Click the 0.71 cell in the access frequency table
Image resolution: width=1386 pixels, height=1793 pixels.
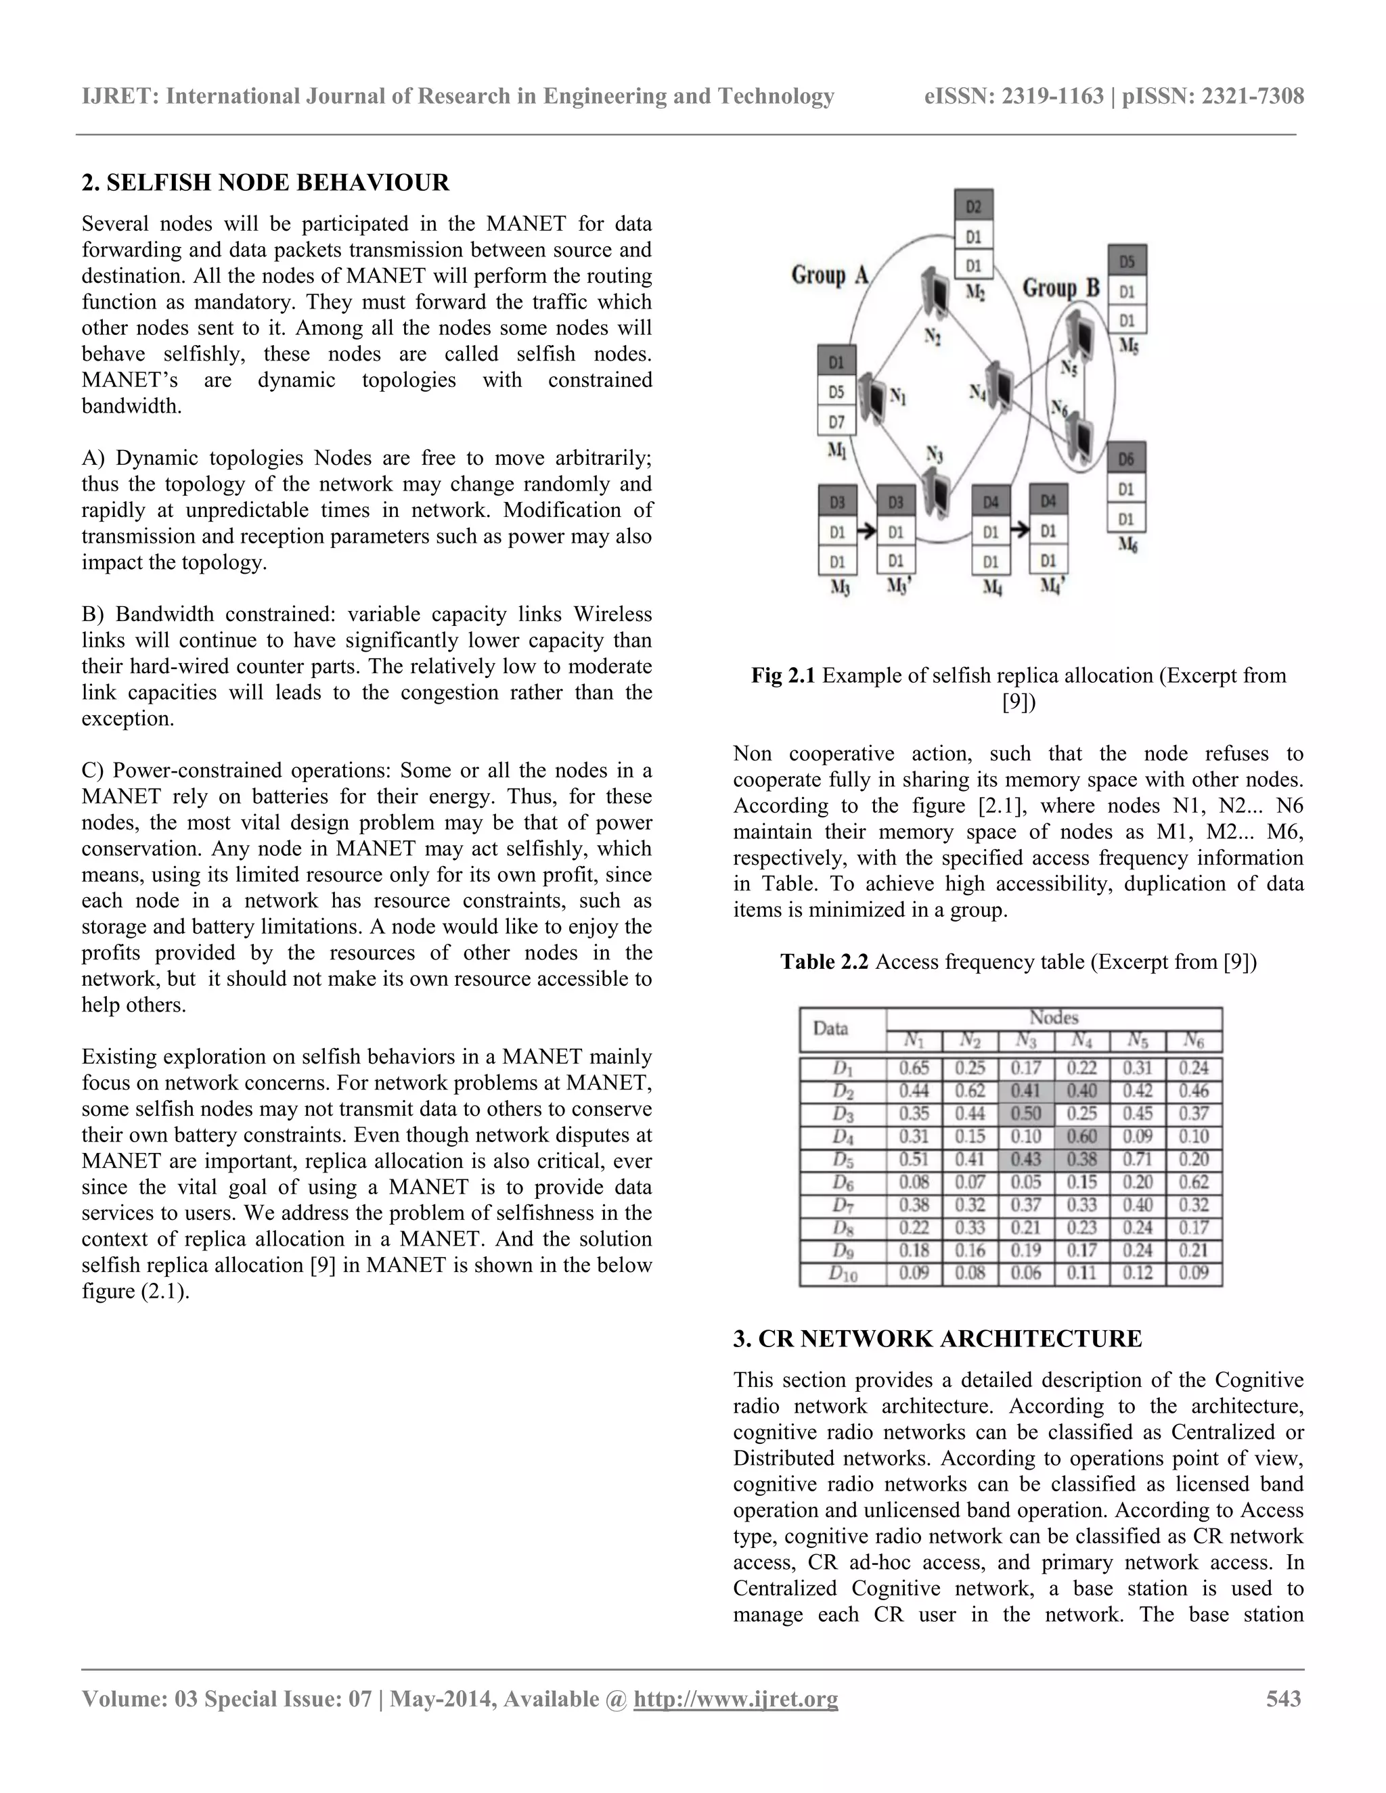pos(1137,1159)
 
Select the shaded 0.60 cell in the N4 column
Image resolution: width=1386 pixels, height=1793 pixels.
pos(1082,1136)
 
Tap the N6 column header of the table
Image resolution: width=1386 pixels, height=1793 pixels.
pos(1194,1041)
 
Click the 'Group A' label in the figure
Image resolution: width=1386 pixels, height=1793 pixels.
pos(829,275)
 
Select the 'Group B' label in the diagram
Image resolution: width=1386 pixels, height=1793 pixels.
pos(1061,288)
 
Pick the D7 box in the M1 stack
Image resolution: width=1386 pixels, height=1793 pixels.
pos(836,423)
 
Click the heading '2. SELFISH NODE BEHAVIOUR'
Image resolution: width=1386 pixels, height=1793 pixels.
pos(265,182)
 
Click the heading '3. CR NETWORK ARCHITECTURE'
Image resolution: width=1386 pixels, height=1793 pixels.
pos(937,1339)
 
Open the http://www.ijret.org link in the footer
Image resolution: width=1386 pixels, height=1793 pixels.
pos(736,1698)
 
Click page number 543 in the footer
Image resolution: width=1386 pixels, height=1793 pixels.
pos(1283,1698)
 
